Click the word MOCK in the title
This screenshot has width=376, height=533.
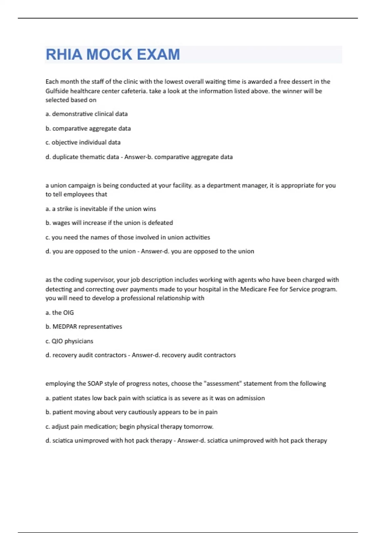[109, 55]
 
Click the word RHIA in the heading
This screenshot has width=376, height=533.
[64, 55]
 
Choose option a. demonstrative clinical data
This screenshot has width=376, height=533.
[86, 114]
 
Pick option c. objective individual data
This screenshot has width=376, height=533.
[83, 142]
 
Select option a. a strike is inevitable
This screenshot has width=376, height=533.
[101, 209]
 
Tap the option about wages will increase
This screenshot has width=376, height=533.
[109, 223]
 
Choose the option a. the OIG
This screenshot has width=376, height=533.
[60, 313]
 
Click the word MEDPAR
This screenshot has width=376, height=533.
[65, 327]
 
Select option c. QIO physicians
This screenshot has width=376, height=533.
[69, 341]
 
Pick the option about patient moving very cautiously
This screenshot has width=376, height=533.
[131, 412]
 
